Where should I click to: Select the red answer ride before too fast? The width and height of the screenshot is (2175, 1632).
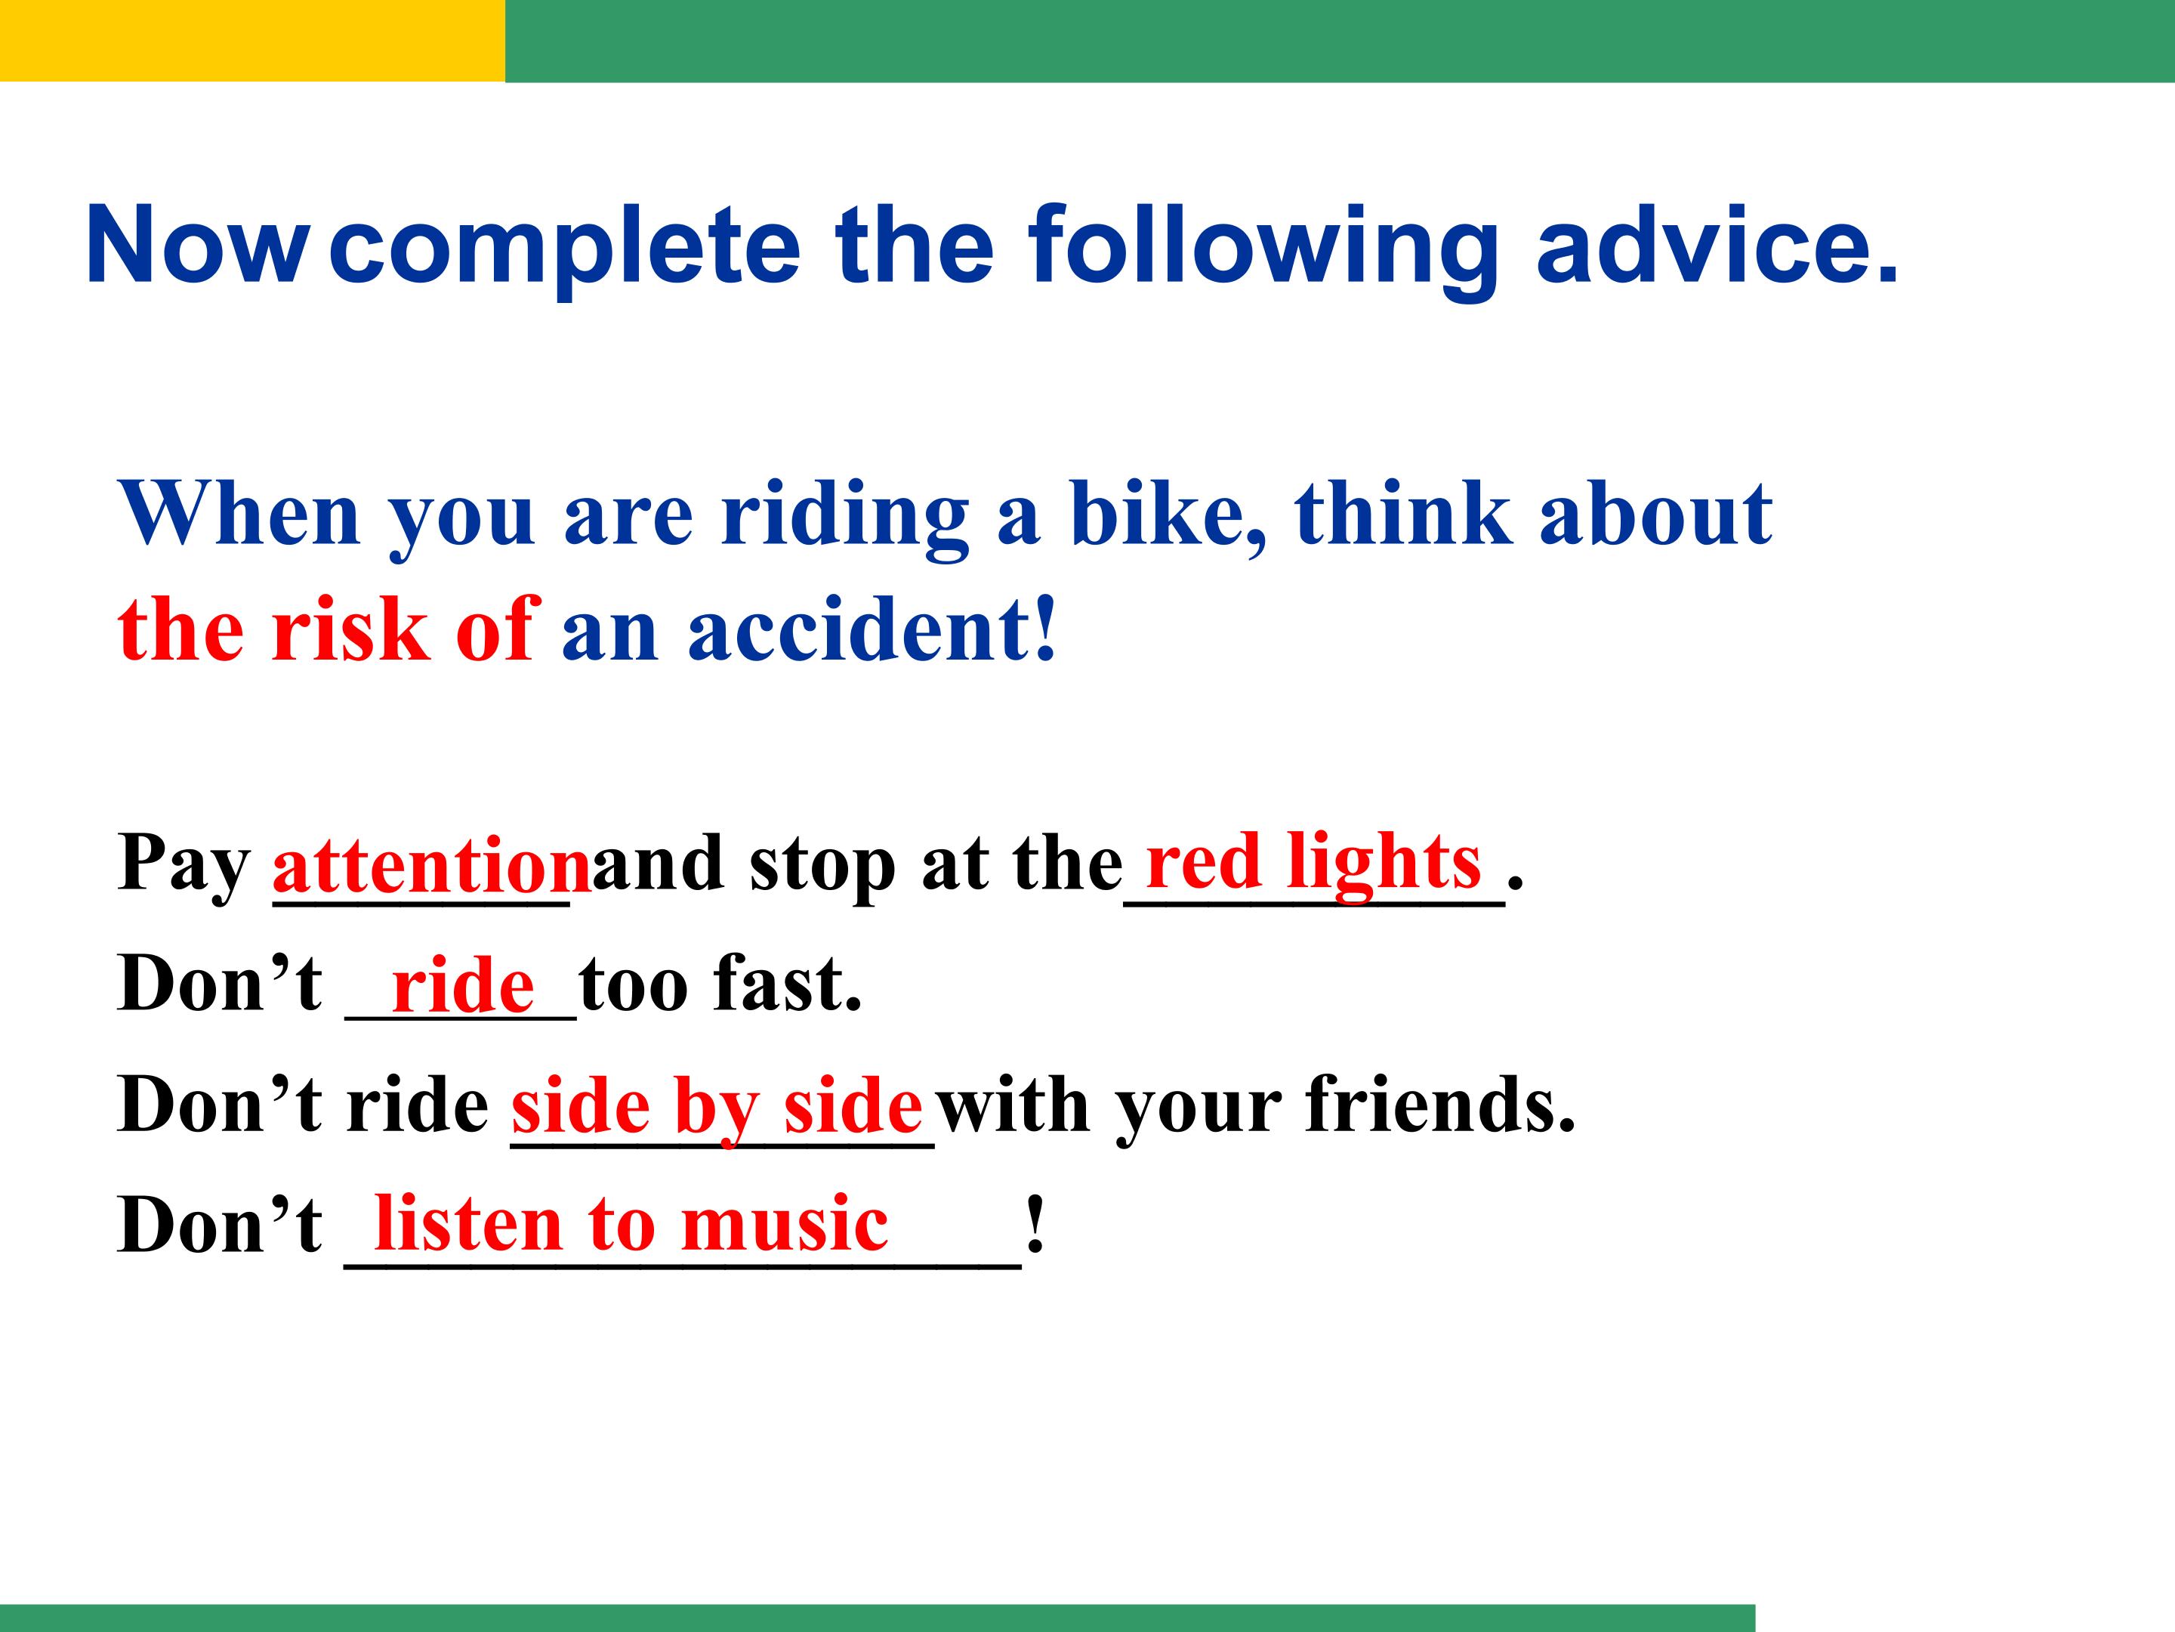[463, 987]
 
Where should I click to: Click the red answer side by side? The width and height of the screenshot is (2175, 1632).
[717, 1108]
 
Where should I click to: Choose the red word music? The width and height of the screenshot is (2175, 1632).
[785, 1226]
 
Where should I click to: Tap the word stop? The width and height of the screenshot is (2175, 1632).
[824, 867]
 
